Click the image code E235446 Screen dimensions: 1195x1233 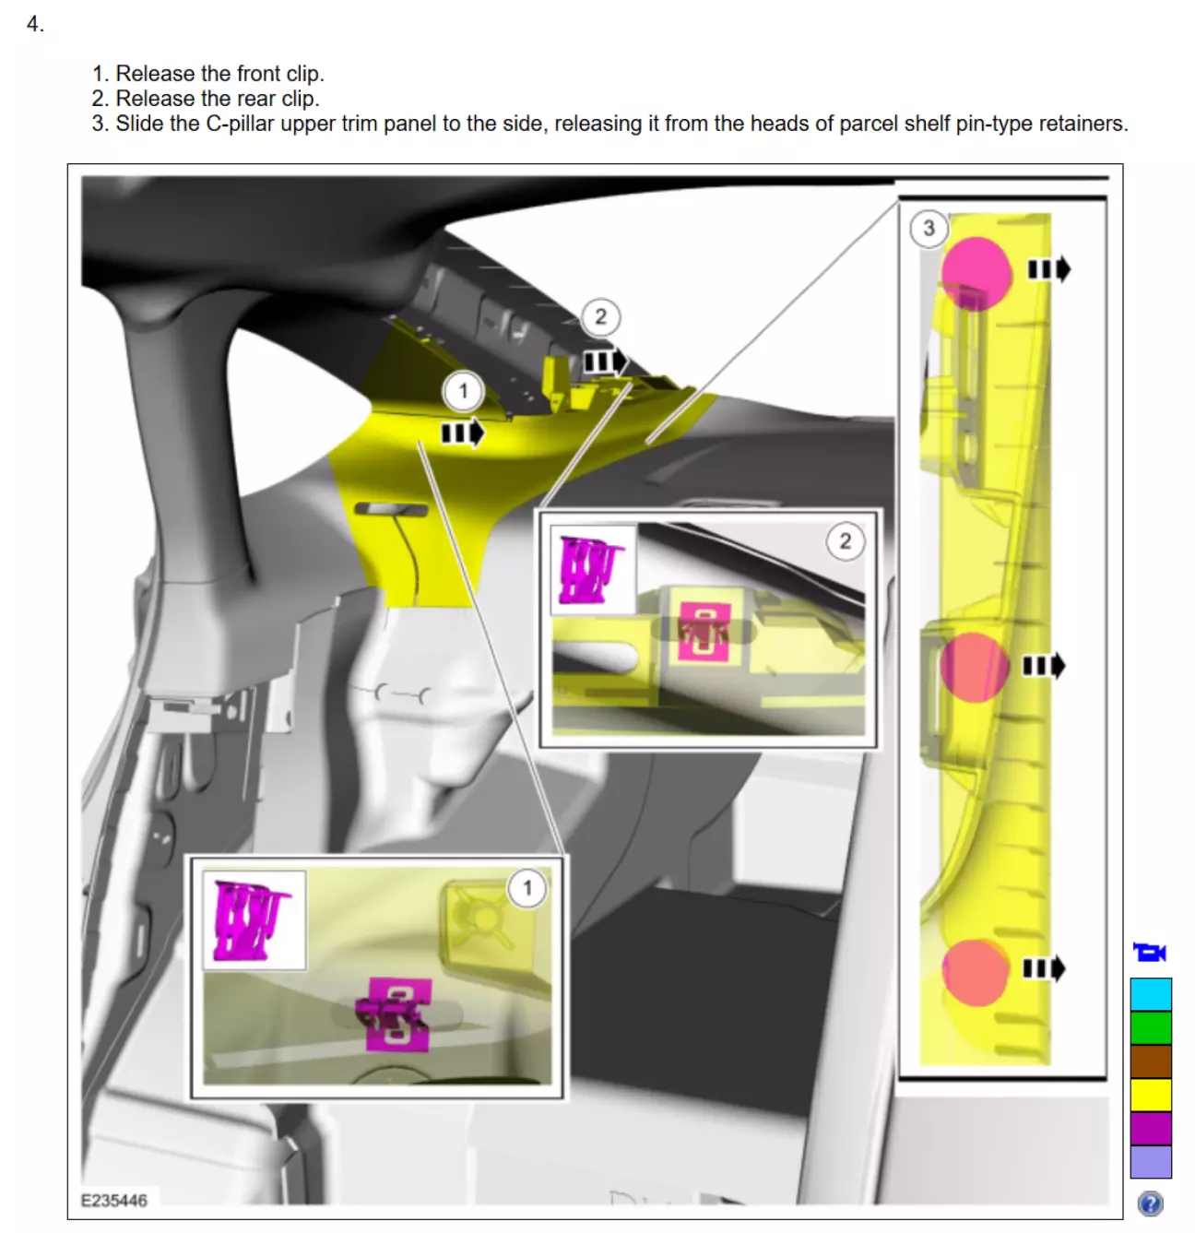pos(114,1200)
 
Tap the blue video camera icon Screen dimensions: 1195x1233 pos(1150,952)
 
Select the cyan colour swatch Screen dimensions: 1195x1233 pos(1151,994)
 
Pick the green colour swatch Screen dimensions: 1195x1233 pos(1151,1027)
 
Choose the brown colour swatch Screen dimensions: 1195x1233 pos(1151,1061)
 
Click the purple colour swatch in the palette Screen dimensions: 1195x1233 pos(1151,1129)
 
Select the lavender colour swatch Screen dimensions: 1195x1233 pos(1151,1162)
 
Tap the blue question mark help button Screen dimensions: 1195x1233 pos(1150,1203)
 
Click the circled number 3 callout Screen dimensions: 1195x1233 pos(929,228)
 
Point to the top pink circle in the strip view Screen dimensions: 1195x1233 pos(976,273)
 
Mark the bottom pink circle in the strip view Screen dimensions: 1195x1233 pos(976,973)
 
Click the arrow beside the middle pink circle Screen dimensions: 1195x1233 pos(1044,665)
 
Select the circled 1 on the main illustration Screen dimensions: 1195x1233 pos(463,391)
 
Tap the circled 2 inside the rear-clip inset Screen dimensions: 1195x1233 pos(846,541)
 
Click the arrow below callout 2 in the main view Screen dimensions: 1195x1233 pos(605,362)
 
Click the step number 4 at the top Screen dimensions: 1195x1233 pos(35,24)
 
